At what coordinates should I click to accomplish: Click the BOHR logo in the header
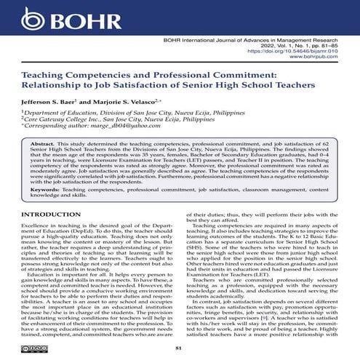[49, 17]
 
